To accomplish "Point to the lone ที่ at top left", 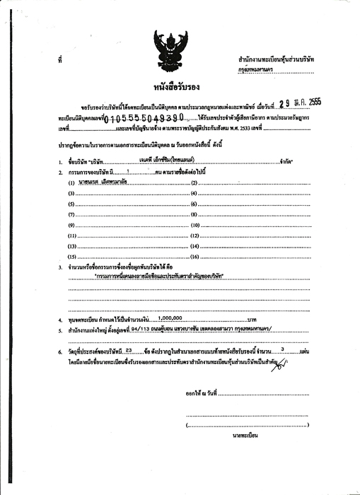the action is point(62,62).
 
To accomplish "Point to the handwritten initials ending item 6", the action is point(282,362).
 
